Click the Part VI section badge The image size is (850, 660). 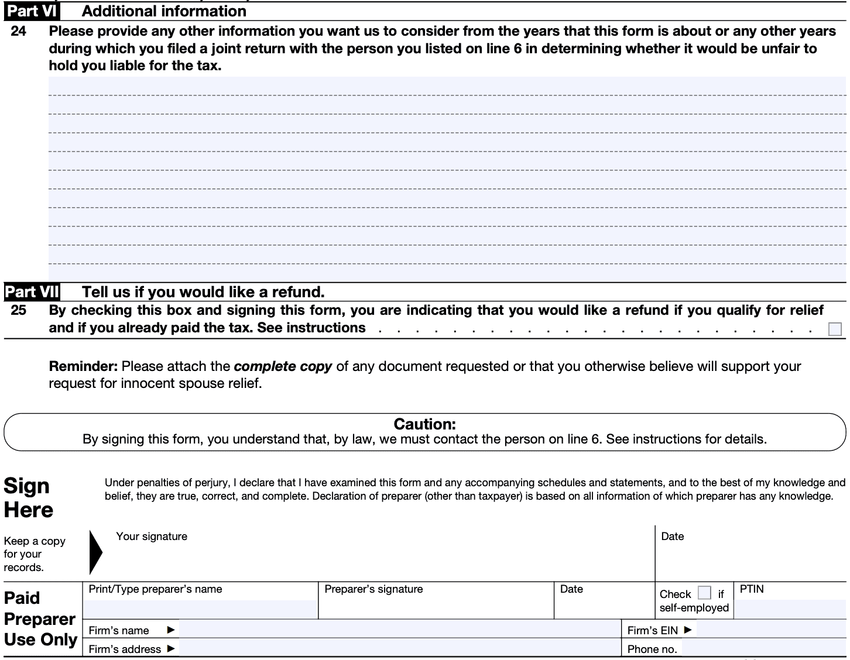tap(32, 11)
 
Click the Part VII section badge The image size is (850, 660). tap(32, 292)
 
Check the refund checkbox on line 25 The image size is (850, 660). tap(835, 329)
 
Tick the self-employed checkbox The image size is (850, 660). tap(705, 593)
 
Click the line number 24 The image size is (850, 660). tap(18, 32)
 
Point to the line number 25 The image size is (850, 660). tap(18, 310)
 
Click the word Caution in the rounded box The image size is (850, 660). tap(424, 424)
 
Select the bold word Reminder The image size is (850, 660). tap(83, 367)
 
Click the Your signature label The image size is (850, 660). tap(152, 537)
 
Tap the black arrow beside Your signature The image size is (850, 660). tap(95, 552)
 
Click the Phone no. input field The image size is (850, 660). tap(764, 648)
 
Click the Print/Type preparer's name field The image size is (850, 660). tap(200, 609)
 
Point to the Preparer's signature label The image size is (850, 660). tap(373, 589)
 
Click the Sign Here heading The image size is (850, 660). tap(28, 498)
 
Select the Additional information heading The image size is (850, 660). tap(164, 11)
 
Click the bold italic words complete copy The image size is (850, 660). tap(283, 367)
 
